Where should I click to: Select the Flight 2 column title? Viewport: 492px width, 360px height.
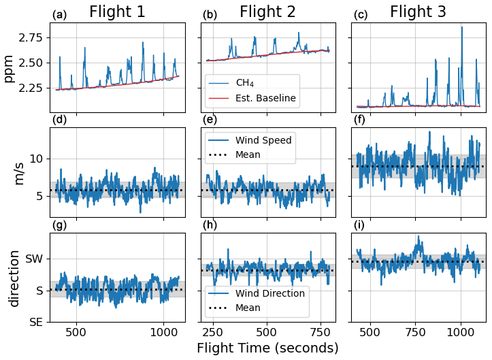(x=267, y=12)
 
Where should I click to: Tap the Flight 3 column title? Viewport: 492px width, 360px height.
(x=418, y=12)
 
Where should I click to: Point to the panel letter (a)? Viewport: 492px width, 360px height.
(x=60, y=15)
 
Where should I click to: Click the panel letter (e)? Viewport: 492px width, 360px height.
(x=210, y=120)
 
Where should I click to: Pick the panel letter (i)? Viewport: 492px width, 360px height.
(x=360, y=225)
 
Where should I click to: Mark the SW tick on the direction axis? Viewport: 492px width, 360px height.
(x=35, y=259)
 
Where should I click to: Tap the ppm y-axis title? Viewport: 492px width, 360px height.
(x=9, y=68)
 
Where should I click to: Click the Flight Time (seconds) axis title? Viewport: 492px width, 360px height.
(x=267, y=348)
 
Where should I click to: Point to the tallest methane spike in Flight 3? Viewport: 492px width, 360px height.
(x=461, y=27)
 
